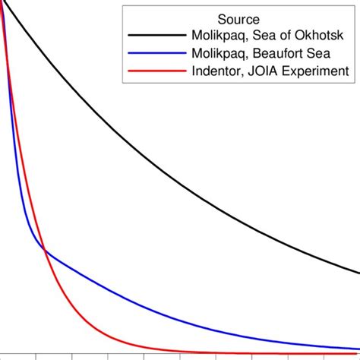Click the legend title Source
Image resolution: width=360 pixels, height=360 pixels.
point(238,19)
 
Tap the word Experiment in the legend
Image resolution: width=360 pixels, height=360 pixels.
point(316,71)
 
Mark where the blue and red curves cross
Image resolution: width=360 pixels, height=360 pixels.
point(45,251)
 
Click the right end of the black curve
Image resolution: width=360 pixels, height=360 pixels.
point(358,273)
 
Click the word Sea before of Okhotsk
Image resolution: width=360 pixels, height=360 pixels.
point(261,36)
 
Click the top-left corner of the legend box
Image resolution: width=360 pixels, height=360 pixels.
point(124,5)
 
